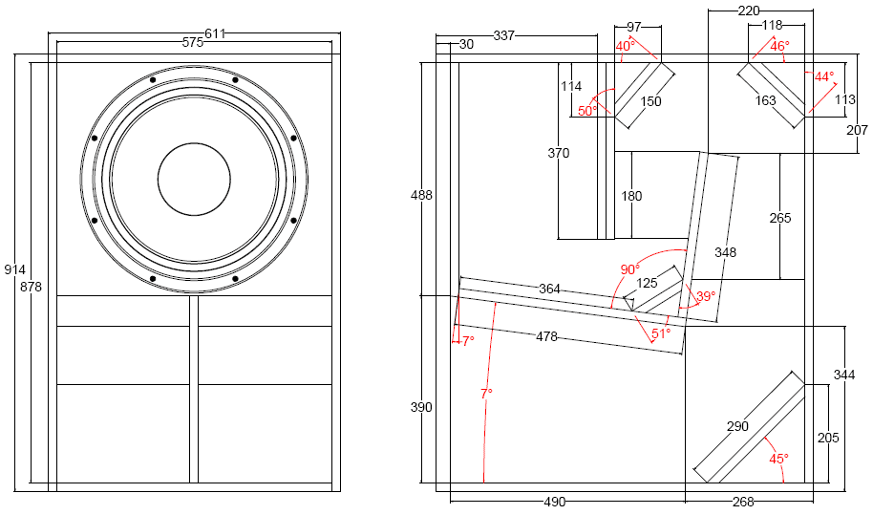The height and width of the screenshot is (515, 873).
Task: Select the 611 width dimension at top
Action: [x=215, y=33]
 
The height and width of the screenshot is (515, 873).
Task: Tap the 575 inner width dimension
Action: [x=193, y=43]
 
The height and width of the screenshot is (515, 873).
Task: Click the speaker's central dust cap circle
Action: [x=194, y=179]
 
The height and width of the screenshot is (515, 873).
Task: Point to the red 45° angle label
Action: [x=778, y=459]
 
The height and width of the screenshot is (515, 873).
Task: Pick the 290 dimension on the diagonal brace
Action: [x=737, y=426]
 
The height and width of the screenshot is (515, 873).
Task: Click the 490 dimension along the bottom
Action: [x=555, y=502]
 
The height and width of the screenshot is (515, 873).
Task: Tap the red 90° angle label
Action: [x=629, y=269]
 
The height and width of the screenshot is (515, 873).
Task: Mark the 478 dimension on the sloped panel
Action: [x=545, y=336]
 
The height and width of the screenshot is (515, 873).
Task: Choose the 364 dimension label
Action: [x=549, y=289]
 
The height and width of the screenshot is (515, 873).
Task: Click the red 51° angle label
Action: [x=661, y=333]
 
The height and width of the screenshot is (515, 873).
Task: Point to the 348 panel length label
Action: [x=725, y=252]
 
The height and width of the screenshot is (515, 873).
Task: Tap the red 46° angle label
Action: [x=779, y=46]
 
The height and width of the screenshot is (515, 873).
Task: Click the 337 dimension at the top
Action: [x=503, y=35]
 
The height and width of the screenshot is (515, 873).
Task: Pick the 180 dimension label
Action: [x=631, y=196]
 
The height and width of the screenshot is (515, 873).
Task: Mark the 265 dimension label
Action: [x=780, y=218]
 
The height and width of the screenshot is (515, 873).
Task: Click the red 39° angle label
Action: [x=705, y=296]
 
